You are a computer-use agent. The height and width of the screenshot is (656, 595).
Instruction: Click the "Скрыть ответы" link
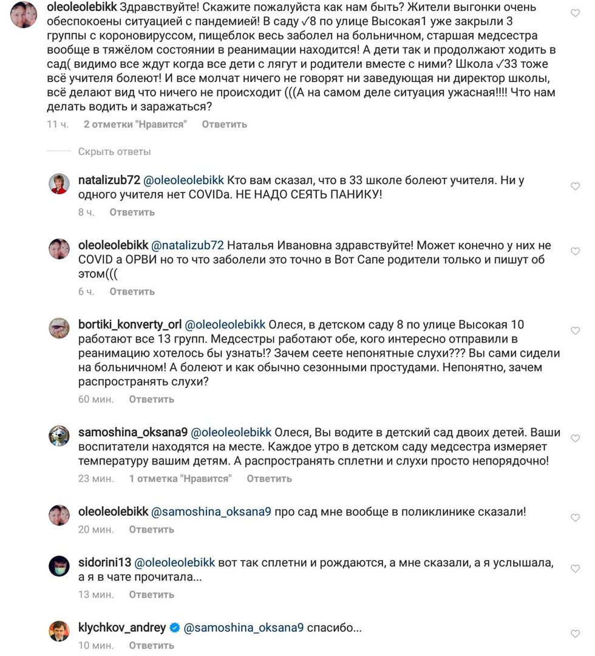point(114,152)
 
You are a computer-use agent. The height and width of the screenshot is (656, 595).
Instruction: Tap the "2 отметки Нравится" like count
point(135,124)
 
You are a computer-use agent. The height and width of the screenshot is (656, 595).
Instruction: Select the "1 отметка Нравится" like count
point(180,478)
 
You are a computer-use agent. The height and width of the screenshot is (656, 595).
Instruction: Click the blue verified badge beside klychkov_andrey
point(175,628)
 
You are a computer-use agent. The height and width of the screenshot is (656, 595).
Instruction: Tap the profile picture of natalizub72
point(59,183)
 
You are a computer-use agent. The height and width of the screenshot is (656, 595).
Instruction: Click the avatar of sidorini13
point(59,566)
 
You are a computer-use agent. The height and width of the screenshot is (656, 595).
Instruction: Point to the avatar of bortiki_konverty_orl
point(59,328)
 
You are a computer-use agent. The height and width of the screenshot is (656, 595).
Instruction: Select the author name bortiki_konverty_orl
point(129,324)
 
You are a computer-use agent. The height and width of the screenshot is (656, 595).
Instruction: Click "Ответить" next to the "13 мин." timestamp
point(151,594)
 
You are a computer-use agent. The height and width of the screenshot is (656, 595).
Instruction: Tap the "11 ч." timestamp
point(58,124)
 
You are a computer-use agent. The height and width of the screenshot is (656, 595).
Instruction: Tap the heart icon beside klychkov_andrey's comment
point(576,634)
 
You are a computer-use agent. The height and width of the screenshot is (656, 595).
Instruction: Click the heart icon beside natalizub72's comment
point(576,186)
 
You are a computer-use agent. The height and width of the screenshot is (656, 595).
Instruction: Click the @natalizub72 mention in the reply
point(187,245)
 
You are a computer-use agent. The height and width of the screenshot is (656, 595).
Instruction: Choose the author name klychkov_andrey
point(122,628)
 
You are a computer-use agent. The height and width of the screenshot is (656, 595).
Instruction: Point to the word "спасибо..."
point(335,628)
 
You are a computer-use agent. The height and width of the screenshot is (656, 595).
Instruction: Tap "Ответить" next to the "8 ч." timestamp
point(132,212)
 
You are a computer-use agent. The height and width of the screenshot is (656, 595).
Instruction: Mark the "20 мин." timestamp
point(96,530)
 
